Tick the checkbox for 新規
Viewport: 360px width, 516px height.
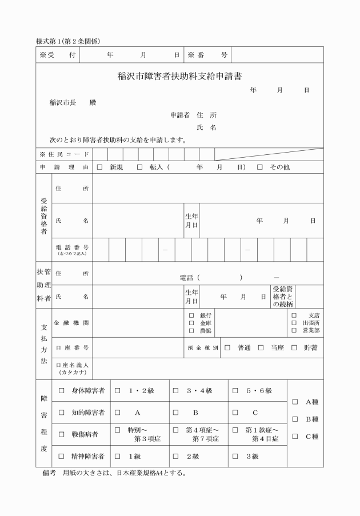coord(100,167)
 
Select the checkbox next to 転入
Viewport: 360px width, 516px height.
coord(139,167)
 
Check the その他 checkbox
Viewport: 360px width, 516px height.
coord(260,167)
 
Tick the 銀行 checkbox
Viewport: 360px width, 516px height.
coord(192,315)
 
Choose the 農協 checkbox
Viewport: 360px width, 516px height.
coord(192,331)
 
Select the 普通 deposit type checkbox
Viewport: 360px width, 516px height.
coord(227,347)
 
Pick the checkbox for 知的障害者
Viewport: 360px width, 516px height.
coord(62,412)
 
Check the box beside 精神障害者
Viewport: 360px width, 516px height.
coord(62,456)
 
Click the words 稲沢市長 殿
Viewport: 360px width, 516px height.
coord(73,103)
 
